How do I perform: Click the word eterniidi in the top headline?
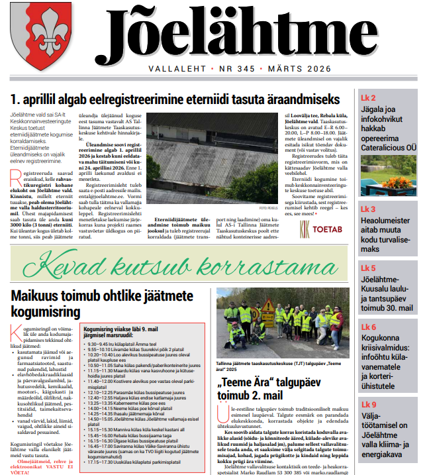(226, 100)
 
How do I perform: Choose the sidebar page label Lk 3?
(368, 209)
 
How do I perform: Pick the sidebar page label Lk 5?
(368, 268)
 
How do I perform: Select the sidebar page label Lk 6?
(368, 327)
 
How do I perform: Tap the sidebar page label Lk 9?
(368, 405)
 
